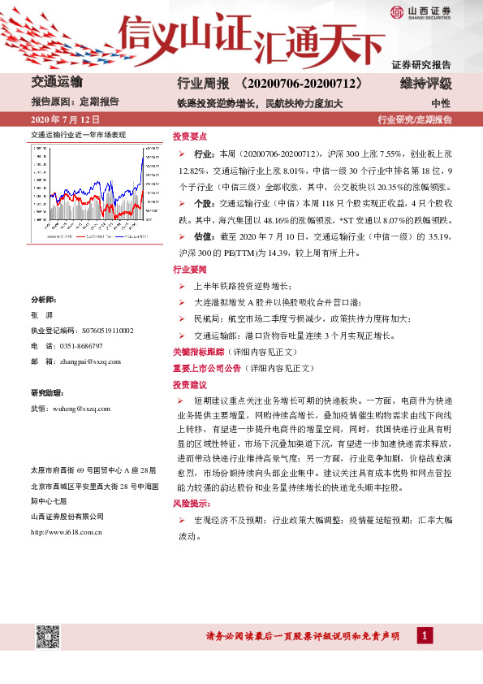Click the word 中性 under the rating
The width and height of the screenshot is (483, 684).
point(441,103)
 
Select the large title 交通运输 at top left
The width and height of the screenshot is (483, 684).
point(56,83)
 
